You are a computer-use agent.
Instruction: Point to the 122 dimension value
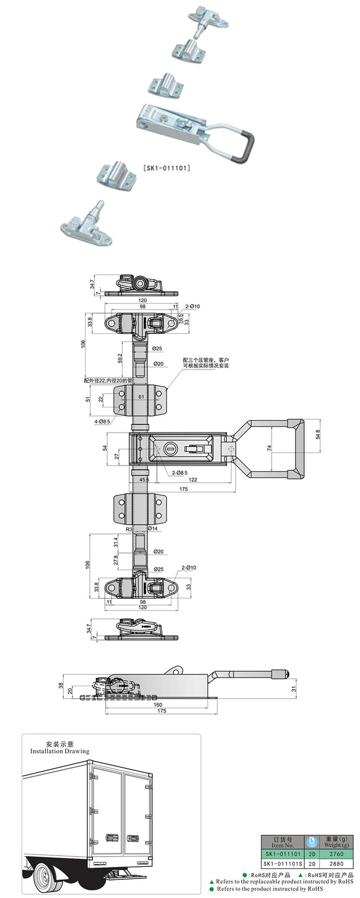(x=193, y=480)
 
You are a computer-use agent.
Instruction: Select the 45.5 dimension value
(x=144, y=480)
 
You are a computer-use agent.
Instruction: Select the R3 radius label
(x=129, y=529)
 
